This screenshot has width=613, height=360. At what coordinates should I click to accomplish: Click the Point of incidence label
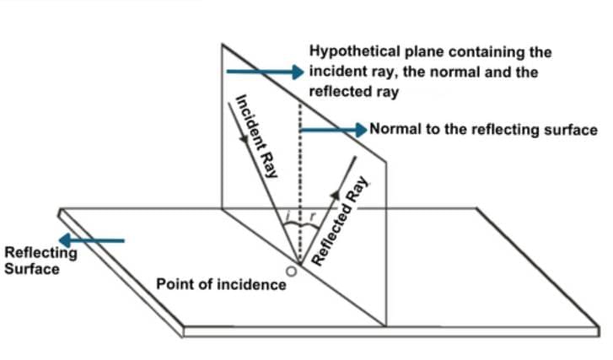[x=221, y=284]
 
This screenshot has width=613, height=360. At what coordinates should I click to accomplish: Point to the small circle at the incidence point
[x=291, y=272]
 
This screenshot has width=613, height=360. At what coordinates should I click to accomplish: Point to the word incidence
[x=253, y=284]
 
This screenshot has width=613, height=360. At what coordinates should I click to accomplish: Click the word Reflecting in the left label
[x=40, y=253]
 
